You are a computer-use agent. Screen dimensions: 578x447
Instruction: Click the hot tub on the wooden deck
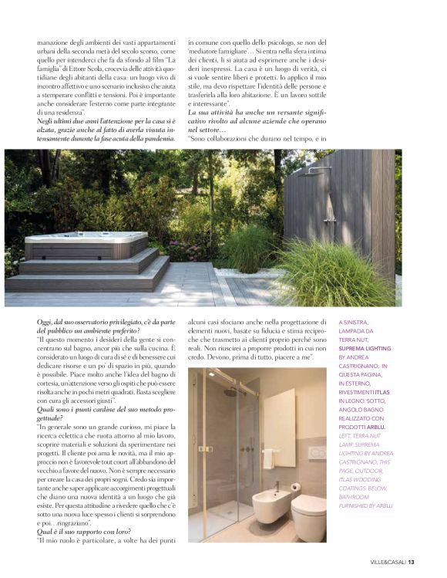pyautogui.click(x=86, y=245)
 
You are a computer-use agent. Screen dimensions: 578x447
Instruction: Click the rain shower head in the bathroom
pyautogui.click(x=232, y=393)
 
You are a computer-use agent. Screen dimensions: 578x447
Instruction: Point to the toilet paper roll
pyautogui.click(x=296, y=487)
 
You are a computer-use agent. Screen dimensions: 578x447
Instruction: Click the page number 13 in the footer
pyautogui.click(x=412, y=561)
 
